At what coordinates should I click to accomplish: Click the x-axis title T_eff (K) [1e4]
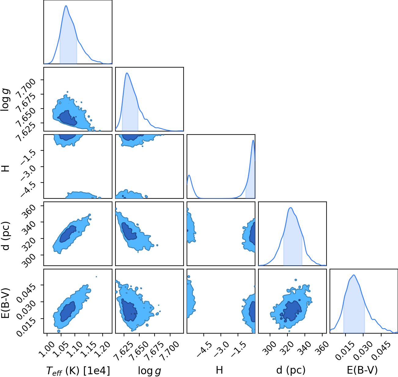(78, 371)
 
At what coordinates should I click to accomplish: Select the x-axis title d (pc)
(291, 370)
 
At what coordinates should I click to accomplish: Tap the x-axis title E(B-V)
(362, 370)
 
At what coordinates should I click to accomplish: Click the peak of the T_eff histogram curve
(66, 6)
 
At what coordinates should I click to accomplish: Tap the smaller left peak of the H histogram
(189, 175)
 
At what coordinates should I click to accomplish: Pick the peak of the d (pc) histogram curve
(291, 208)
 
